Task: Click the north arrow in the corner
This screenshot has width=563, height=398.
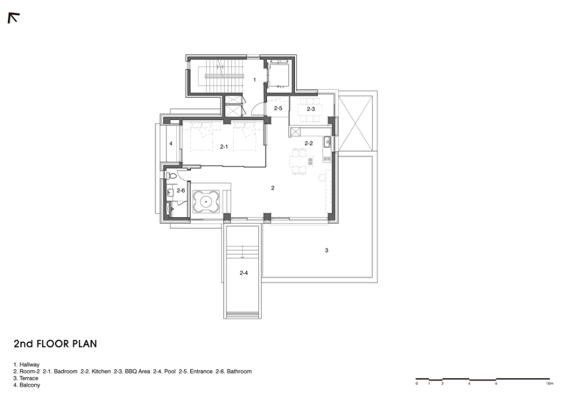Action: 13,18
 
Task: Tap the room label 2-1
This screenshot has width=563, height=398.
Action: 224,146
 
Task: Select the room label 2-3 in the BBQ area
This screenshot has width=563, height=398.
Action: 311,109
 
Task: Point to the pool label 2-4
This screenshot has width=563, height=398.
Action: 244,273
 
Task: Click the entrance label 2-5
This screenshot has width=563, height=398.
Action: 278,108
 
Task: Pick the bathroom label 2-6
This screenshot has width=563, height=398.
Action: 181,190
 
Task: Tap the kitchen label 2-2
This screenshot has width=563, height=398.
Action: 309,143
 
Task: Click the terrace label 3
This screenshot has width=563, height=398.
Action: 326,250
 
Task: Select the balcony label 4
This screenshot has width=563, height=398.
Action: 171,144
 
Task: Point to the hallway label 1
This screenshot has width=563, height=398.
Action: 255,80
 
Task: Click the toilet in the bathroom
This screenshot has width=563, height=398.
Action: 171,176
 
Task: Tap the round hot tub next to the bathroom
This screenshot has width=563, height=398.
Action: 206,202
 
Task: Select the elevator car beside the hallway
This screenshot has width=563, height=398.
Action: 278,75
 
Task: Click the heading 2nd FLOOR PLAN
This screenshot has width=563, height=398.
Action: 55,344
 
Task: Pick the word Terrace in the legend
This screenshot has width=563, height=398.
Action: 29,378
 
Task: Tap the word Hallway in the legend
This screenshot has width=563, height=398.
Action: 29,364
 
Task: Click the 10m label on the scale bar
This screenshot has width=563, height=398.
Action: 550,384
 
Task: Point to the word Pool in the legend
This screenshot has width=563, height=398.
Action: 170,372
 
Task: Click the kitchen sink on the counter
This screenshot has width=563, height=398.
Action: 327,142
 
